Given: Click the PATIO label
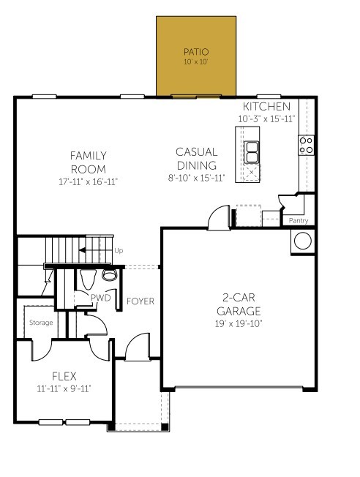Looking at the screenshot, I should [x=195, y=52].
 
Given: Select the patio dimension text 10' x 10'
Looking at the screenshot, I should [x=195, y=63].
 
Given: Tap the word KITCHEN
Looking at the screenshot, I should [x=260, y=107].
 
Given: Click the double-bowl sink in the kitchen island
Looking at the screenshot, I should [x=251, y=152].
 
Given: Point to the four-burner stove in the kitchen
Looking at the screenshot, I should [x=306, y=146].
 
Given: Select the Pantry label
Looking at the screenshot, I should [x=299, y=220].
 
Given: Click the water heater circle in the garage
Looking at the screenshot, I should [x=301, y=241].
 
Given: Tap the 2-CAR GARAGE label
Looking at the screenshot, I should [x=239, y=304].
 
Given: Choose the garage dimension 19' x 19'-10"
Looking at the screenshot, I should [x=239, y=323].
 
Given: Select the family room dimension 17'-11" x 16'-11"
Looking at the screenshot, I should [x=89, y=181].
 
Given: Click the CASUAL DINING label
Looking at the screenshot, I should [x=195, y=159].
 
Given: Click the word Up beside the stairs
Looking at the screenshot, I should [x=119, y=251].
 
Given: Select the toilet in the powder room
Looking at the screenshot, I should [x=109, y=276].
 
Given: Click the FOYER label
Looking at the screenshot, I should [x=140, y=301].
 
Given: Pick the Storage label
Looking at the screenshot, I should [x=41, y=322].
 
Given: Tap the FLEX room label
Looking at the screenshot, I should [x=64, y=376].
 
